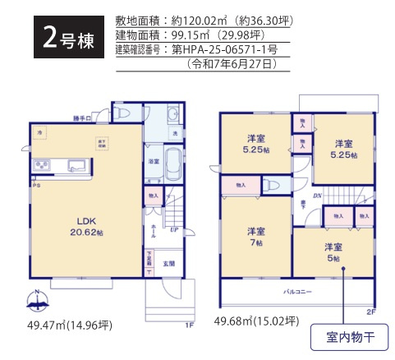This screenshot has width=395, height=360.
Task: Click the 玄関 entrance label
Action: [168, 263]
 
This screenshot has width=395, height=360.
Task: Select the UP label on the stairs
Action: [175, 229]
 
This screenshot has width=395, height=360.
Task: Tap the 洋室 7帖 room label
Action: [256, 236]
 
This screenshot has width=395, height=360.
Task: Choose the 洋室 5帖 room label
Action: [332, 252]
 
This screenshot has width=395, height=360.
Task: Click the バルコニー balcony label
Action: [298, 291]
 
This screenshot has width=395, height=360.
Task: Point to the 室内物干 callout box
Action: [346, 338]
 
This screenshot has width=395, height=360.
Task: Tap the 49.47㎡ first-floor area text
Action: [69, 326]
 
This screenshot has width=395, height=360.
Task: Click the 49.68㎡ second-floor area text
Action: [255, 321]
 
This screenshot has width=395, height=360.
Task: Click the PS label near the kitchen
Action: [35, 186]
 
